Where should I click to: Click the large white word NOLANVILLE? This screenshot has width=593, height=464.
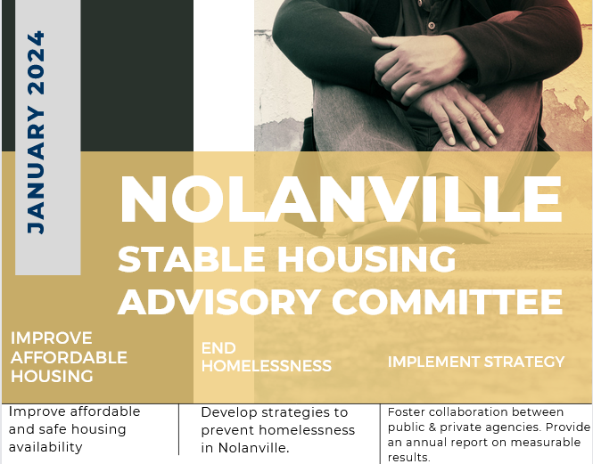pyautogui.click(x=341, y=199)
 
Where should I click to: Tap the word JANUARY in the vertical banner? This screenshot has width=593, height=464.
pyautogui.click(x=37, y=170)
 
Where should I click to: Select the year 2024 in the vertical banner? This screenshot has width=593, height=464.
pyautogui.click(x=37, y=62)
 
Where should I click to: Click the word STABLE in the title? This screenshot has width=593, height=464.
pyautogui.click(x=192, y=259)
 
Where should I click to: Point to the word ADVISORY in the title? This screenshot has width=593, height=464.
pyautogui.click(x=219, y=302)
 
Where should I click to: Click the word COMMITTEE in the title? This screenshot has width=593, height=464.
pyautogui.click(x=448, y=302)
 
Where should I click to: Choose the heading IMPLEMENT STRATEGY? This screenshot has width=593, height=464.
pyautogui.click(x=476, y=362)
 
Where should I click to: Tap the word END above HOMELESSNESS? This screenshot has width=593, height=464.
pyautogui.click(x=218, y=348)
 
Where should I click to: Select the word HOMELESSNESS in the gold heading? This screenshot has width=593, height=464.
pyautogui.click(x=267, y=366)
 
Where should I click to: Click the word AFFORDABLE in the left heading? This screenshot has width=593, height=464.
pyautogui.click(x=69, y=357)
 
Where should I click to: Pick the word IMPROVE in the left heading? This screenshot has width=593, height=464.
pyautogui.click(x=52, y=338)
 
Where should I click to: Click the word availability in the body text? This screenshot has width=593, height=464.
pyautogui.click(x=45, y=447)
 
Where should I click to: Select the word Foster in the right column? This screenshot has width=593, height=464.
pyautogui.click(x=406, y=411)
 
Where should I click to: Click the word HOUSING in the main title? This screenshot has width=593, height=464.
pyautogui.click(x=367, y=259)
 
